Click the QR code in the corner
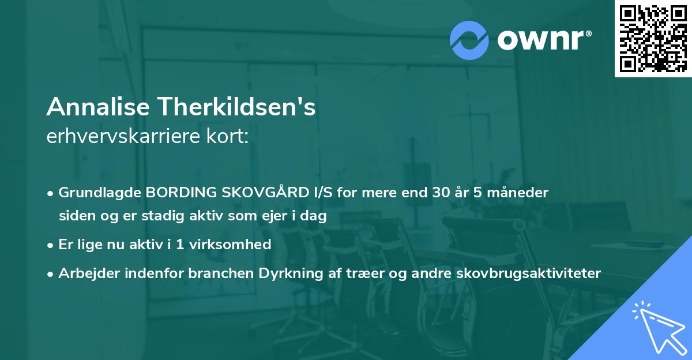click(653, 38)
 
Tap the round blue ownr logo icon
click(470, 40)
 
